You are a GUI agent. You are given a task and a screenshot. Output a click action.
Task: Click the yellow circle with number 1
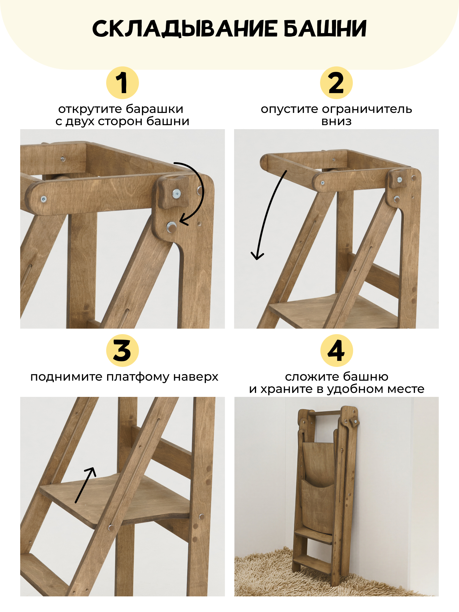pos(122,83)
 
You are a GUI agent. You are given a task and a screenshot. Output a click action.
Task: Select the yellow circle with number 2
pos(336,83)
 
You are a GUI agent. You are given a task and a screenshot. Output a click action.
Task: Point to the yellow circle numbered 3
pos(122,350)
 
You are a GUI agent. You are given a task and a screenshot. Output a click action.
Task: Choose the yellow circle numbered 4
pos(336,350)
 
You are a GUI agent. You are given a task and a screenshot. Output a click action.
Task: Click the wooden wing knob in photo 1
pos(170,193)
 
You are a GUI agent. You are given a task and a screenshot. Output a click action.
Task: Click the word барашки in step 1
pos(155,109)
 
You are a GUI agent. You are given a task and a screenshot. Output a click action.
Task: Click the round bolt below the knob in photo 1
pos(171,227)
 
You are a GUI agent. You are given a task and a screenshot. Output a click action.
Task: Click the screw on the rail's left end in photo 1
pos(44,199)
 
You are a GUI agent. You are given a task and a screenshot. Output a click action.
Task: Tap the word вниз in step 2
pos(336,121)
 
